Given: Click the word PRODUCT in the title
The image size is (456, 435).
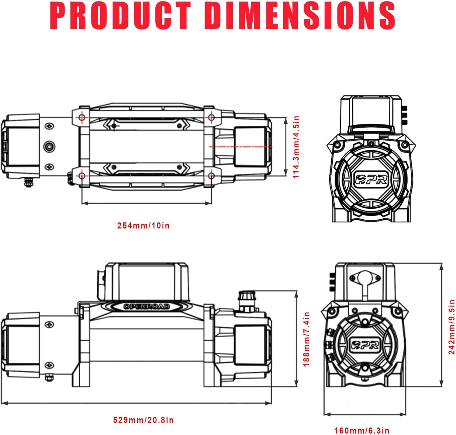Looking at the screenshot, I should click(x=120, y=16).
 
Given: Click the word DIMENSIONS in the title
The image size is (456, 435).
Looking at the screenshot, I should click(x=299, y=16).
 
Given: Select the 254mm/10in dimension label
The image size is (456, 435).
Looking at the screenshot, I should click(x=143, y=226).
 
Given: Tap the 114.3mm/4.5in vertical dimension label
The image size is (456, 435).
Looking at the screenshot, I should click(x=296, y=147).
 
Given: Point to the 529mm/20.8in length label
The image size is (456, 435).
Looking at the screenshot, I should click(x=143, y=420).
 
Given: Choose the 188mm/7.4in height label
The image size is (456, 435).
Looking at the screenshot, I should click(x=306, y=339).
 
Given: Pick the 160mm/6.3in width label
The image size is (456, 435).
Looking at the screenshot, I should click(x=361, y=431).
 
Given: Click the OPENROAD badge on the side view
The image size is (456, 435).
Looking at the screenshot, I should click(x=147, y=306).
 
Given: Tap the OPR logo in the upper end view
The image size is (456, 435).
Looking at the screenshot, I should click(x=371, y=179).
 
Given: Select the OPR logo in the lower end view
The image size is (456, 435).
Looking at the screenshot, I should click(x=365, y=344).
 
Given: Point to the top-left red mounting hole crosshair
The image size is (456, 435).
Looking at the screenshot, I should click(x=81, y=117).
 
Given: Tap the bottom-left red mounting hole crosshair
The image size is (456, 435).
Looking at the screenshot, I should click(x=81, y=176).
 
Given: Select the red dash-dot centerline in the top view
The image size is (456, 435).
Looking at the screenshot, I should click(x=240, y=147).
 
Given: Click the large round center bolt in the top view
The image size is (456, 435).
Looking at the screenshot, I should click(x=49, y=147).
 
